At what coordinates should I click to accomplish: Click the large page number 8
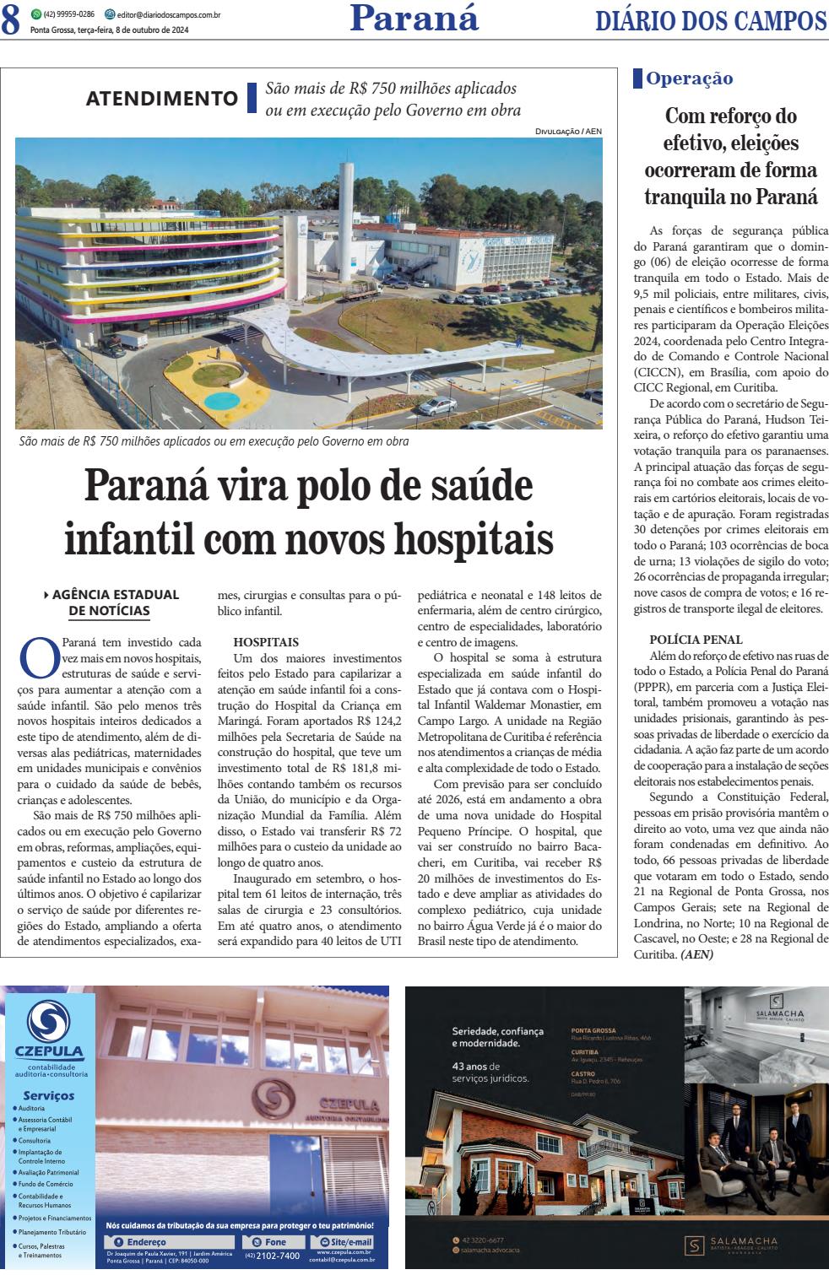click(x=11, y=20)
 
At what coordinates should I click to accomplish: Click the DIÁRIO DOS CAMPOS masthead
click(x=711, y=20)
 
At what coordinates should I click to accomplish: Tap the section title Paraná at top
click(x=414, y=17)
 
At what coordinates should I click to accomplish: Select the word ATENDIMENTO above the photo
click(x=163, y=99)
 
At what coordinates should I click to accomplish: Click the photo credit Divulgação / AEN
click(x=568, y=132)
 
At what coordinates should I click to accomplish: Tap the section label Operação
click(x=689, y=79)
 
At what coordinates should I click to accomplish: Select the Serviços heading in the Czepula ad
click(x=49, y=1095)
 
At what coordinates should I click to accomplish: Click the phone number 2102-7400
click(x=277, y=1256)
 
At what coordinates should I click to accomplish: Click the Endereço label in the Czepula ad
click(x=145, y=1241)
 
